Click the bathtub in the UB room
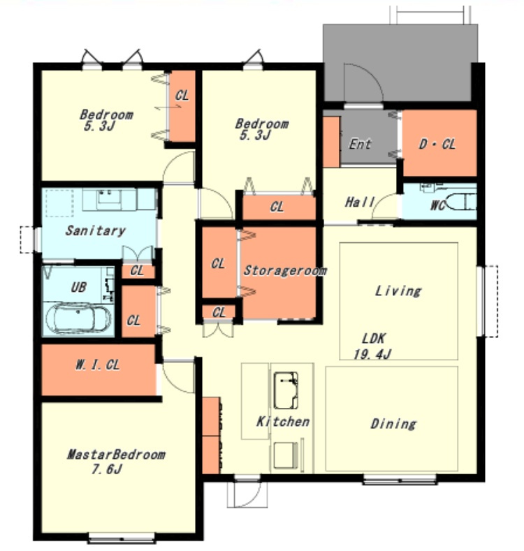tap(78, 318)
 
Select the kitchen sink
tap(286, 390)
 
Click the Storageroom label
tap(285, 270)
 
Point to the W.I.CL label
tap(97, 365)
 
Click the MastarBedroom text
tap(116, 455)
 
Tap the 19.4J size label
tap(372, 354)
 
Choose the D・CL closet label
tap(437, 144)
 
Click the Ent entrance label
tap(360, 144)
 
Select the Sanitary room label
tap(95, 230)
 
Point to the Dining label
tap(393, 424)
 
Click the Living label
tap(398, 291)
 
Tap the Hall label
tap(359, 202)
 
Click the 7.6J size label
tap(107, 469)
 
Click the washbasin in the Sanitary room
tap(108, 198)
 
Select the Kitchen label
tap(283, 421)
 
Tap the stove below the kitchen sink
tap(286, 455)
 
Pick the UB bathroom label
tap(78, 287)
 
